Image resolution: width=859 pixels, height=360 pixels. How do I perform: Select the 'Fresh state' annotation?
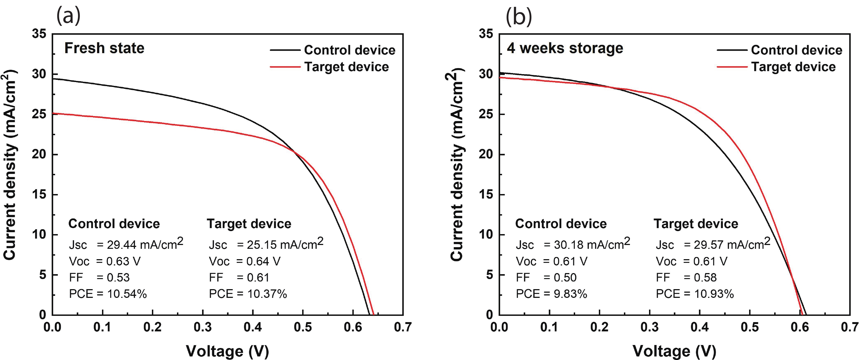tap(104, 48)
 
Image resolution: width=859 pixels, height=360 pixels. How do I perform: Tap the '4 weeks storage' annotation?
tap(565, 48)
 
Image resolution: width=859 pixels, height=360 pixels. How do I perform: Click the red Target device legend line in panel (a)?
tap(285, 67)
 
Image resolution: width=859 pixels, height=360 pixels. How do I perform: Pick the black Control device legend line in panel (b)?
tap(732, 50)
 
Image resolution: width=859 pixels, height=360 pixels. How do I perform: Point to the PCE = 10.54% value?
tap(108, 294)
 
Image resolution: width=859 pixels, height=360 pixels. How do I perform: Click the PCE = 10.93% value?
tap(695, 294)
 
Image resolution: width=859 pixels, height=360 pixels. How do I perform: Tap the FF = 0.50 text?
tap(546, 277)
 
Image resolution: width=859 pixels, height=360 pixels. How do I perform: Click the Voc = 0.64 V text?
tap(244, 261)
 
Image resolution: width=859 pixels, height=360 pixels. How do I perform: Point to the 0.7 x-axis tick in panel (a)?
tap(403, 327)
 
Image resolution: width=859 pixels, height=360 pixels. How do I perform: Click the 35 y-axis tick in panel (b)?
tap(486, 34)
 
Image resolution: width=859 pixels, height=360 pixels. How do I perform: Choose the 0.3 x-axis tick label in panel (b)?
tap(649, 327)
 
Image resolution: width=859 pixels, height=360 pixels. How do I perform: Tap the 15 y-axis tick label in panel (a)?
tap(39, 194)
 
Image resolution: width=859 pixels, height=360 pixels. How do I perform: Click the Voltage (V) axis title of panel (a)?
tap(227, 351)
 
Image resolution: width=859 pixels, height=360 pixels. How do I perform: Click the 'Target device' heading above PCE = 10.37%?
tap(249, 224)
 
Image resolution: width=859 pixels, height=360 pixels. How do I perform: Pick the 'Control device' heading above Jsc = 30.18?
tap(561, 224)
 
